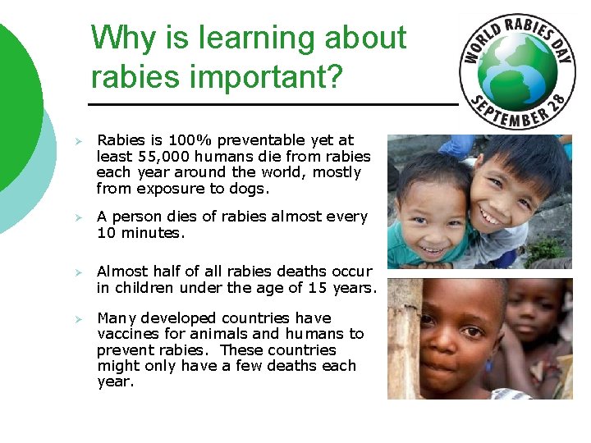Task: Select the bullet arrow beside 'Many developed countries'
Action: [72, 319]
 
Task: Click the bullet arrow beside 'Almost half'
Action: [72, 272]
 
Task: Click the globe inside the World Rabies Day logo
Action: [516, 69]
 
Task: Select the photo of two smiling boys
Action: [479, 202]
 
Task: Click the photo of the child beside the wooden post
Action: [479, 338]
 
